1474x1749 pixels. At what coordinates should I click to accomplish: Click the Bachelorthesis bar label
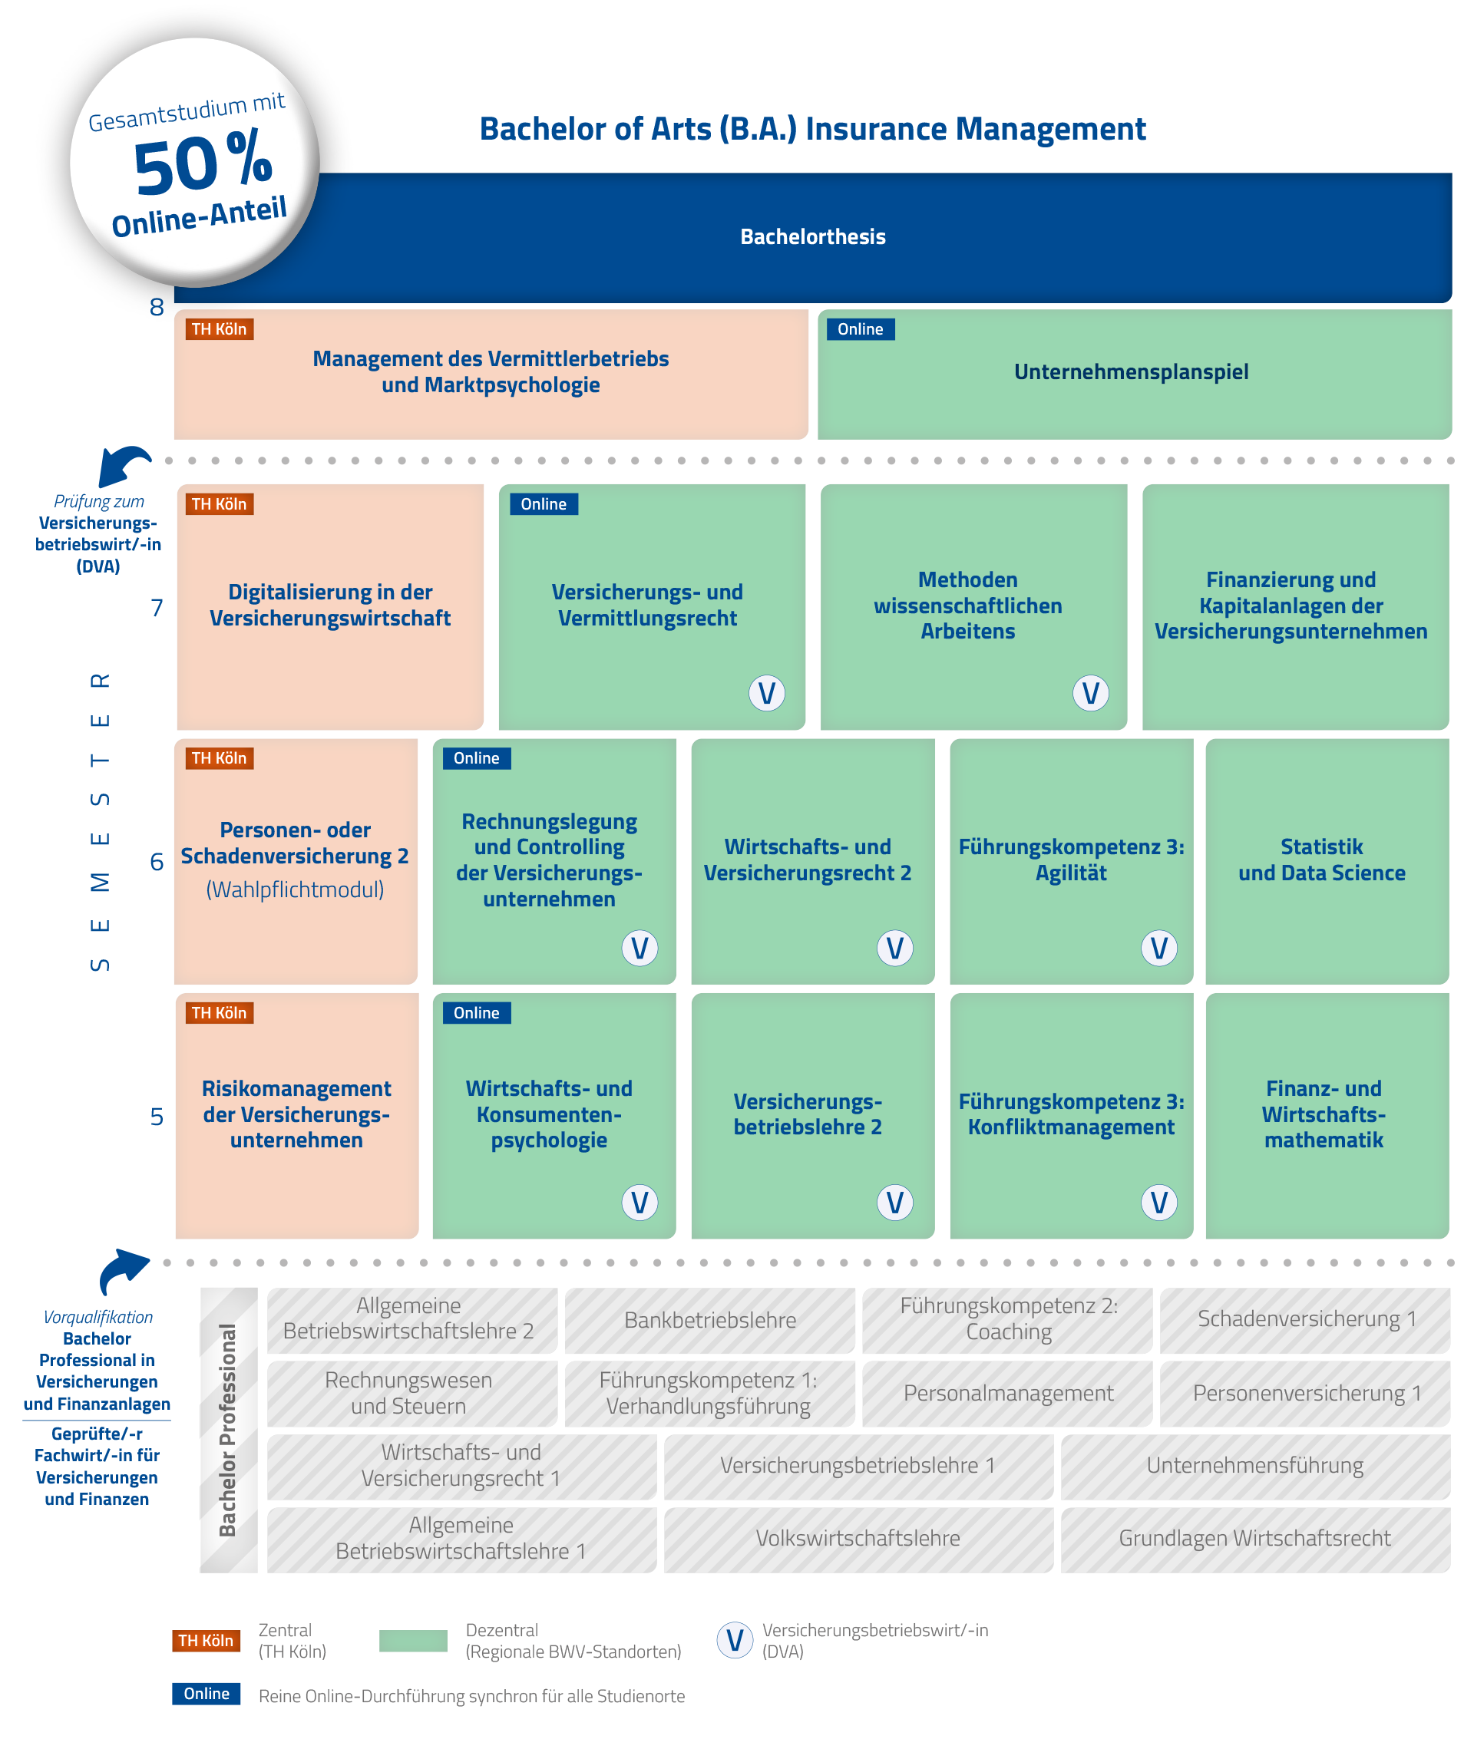(x=812, y=237)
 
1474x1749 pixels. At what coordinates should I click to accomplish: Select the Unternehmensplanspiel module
(x=1131, y=372)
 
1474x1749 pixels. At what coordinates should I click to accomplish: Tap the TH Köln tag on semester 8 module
(x=219, y=329)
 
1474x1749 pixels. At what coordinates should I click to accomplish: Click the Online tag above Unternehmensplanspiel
(x=860, y=329)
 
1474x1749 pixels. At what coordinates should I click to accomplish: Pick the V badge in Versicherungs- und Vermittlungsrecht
(x=766, y=693)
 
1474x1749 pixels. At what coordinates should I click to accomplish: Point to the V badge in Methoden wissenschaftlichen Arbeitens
(x=1089, y=693)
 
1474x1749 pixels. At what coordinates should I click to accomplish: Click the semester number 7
(x=157, y=607)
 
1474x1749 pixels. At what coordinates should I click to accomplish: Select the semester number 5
(x=157, y=1117)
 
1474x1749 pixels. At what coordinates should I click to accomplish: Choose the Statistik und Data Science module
(x=1321, y=860)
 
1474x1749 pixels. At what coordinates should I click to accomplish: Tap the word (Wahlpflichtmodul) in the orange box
(x=295, y=889)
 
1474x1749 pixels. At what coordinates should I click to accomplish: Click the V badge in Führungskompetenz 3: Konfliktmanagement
(x=1158, y=1203)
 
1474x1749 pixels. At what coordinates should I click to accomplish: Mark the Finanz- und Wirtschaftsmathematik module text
(x=1323, y=1114)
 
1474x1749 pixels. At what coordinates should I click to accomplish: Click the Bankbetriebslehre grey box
(x=709, y=1321)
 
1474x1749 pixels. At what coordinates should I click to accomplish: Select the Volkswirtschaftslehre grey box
(x=858, y=1539)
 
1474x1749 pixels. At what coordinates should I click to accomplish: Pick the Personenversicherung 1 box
(x=1306, y=1393)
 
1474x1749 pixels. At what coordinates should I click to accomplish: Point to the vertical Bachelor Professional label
(x=227, y=1430)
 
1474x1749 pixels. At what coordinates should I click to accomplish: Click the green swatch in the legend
(x=413, y=1641)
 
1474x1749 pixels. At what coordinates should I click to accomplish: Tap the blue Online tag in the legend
(x=207, y=1693)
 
